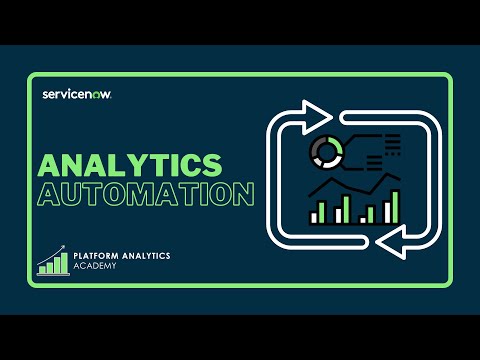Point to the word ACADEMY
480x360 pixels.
94,268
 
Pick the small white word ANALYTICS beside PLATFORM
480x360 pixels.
148,256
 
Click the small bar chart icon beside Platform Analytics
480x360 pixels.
53,261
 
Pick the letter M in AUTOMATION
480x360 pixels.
142,194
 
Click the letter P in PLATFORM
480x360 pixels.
77,256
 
